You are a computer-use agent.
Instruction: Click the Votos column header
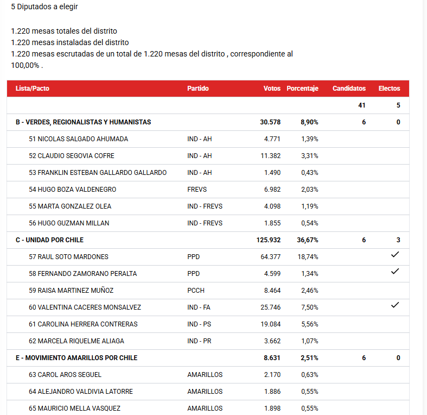pos(272,89)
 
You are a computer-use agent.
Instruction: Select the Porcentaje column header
pos(302,89)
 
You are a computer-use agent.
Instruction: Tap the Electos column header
pos(389,89)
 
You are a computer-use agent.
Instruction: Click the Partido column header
pos(198,89)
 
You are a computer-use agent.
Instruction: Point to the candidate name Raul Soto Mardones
pos(68,257)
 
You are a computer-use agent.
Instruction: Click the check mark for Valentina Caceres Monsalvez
pos(395,305)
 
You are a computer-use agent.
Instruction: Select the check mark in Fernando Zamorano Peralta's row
pos(395,272)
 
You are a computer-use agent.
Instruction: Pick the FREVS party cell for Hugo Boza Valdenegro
pos(197,190)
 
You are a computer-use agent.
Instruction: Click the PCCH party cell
pos(196,291)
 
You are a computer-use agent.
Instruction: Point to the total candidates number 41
pos(361,105)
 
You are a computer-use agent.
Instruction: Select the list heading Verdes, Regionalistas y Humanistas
pos(83,122)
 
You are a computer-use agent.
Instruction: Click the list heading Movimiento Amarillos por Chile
pos(77,358)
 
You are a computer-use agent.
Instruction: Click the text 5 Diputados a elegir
pos(44,7)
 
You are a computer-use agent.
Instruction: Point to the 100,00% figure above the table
pos(25,65)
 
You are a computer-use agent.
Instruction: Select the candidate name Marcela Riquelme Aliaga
pos(77,341)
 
